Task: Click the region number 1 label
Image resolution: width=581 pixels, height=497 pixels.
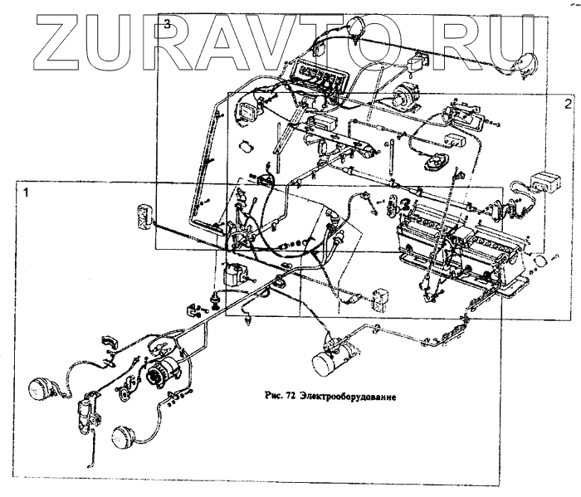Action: click(27, 192)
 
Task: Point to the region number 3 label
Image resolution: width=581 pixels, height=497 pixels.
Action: click(167, 24)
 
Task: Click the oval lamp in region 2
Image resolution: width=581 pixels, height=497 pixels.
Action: click(434, 163)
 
